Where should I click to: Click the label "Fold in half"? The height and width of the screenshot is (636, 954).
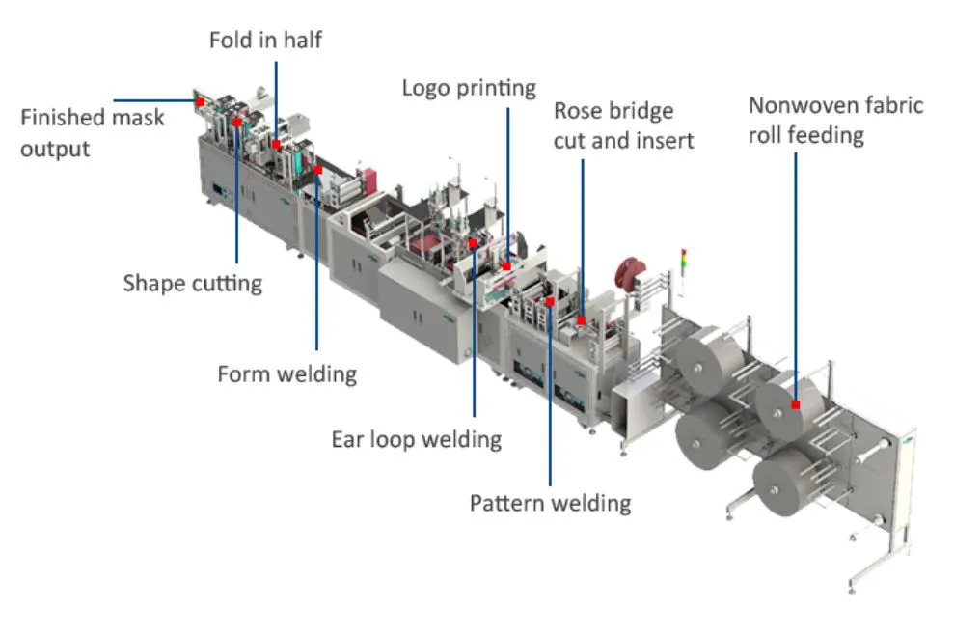[265, 41]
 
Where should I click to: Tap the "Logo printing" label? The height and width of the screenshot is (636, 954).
[469, 88]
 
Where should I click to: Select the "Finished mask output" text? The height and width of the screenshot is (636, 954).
[93, 133]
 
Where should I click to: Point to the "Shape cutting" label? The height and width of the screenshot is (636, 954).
[193, 283]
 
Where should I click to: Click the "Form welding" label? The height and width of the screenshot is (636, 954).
[286, 373]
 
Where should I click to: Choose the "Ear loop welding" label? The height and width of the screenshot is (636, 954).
[417, 439]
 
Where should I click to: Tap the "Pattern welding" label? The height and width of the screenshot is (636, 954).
[550, 503]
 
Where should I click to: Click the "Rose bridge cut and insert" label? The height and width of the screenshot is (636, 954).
[623, 125]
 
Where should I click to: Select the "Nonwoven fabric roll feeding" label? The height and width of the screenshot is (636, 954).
[835, 119]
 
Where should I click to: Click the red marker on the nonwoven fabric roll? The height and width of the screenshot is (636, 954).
[796, 406]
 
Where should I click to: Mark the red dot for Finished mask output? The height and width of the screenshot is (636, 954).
[200, 100]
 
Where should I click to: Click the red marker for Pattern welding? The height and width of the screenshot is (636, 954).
[550, 301]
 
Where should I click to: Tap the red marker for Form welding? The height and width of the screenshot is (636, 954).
[317, 170]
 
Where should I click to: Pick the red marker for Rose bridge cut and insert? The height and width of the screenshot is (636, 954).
[581, 319]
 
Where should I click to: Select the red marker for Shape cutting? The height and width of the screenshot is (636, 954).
[236, 123]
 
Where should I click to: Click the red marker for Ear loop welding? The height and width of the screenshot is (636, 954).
[473, 244]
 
